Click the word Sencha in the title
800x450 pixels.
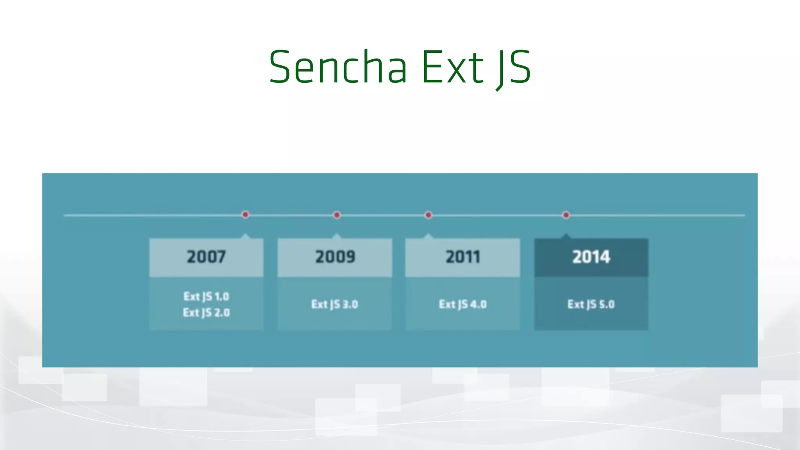click(338, 67)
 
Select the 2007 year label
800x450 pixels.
click(206, 257)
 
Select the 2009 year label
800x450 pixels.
click(335, 257)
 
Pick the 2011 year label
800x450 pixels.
click(463, 257)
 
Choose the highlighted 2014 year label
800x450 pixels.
click(591, 257)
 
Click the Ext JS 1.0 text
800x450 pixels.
click(206, 296)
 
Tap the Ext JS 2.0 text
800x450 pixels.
click(206, 312)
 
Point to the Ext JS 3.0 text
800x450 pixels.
click(335, 304)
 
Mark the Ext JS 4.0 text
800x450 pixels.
click(463, 304)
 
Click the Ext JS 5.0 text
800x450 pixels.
click(591, 304)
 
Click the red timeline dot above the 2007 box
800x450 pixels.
click(245, 214)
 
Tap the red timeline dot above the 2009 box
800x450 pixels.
click(337, 215)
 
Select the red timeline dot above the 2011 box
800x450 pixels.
click(428, 215)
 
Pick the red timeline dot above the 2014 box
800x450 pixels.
click(566, 215)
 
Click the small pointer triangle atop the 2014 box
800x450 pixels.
click(566, 236)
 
